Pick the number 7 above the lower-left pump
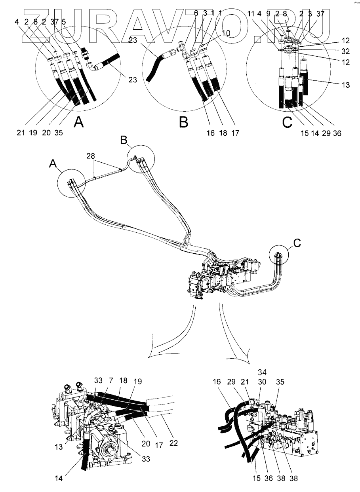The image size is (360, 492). point(196,13)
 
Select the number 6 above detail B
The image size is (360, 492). point(196,13)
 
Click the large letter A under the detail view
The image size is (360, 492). point(79,123)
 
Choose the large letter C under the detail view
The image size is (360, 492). point(287,123)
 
